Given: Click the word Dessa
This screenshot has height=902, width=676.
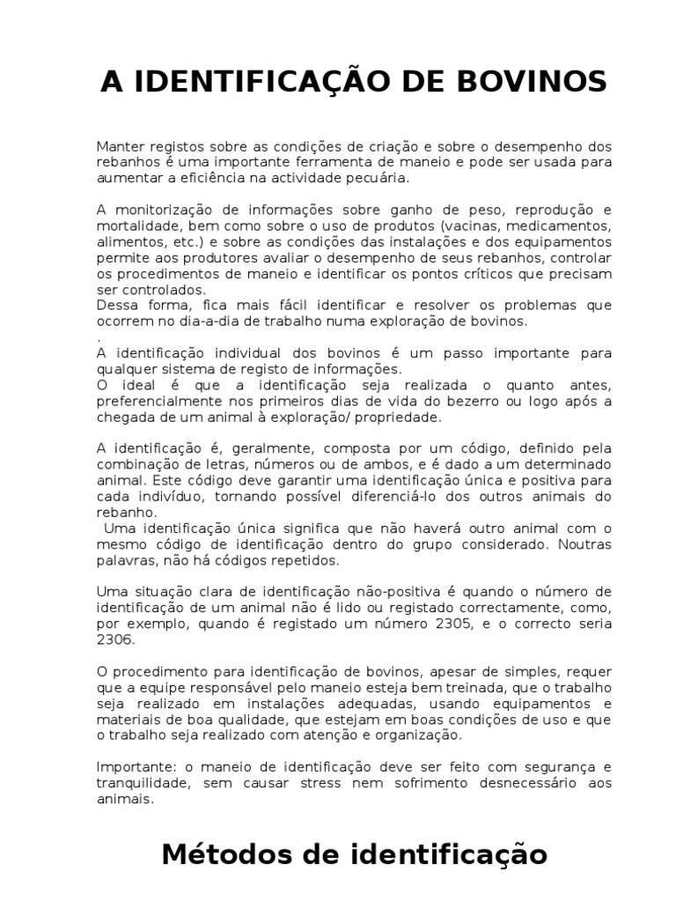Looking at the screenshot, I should [116, 306].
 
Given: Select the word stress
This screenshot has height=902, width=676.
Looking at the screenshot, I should [368, 783].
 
